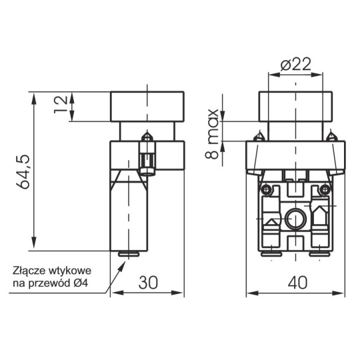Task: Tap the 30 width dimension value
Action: click(149, 283)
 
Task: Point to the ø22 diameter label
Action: click(296, 65)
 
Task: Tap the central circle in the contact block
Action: click(296, 217)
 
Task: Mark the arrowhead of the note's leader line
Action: click(124, 262)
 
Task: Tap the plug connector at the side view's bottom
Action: click(128, 253)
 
